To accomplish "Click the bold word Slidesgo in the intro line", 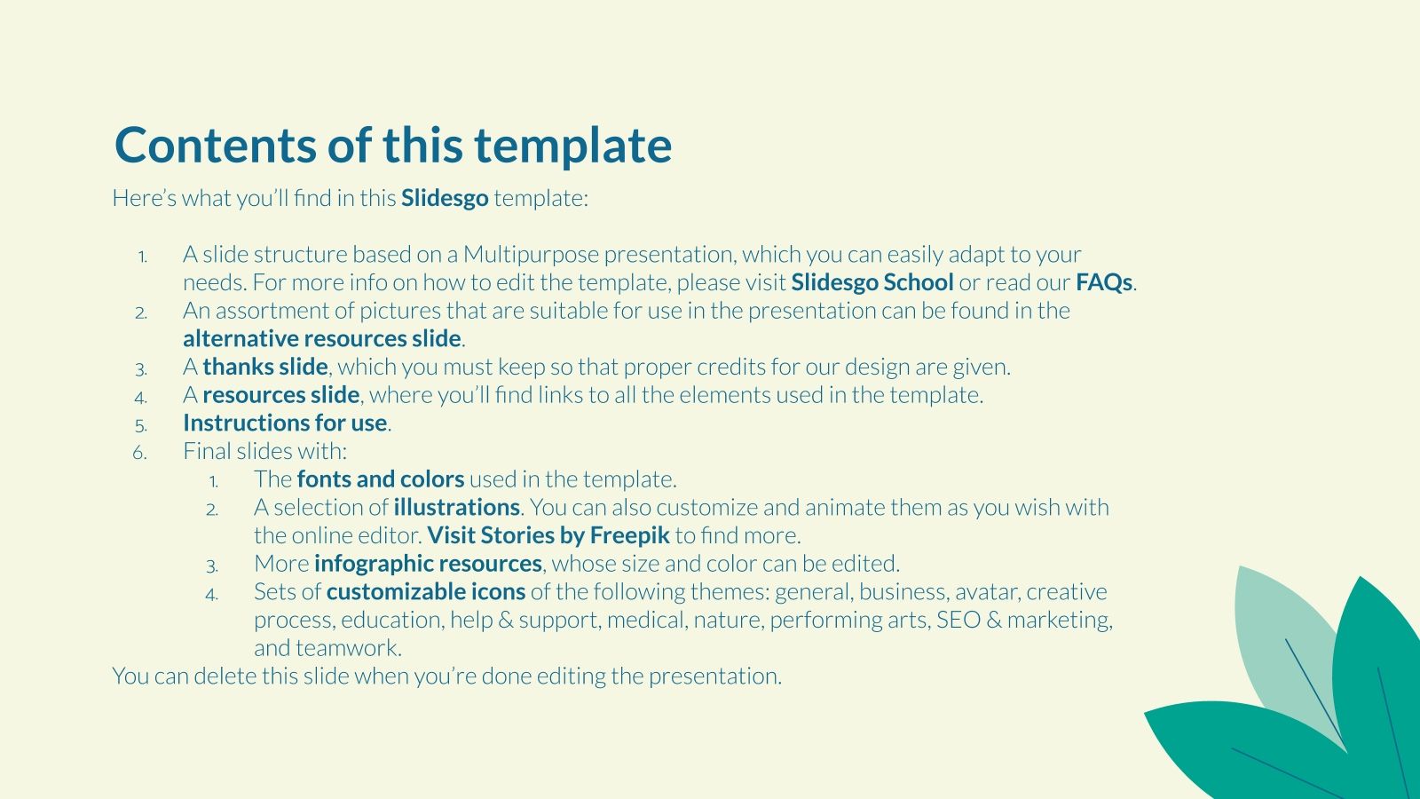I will coord(445,198).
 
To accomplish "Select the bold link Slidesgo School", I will coord(872,282).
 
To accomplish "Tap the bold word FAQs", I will coord(1104,282).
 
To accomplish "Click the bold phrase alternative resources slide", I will coord(322,339).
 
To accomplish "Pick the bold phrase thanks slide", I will coord(265,367).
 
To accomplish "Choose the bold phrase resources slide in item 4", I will coord(280,395).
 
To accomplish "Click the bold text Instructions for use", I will coord(285,423).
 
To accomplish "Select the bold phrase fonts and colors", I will coord(380,479).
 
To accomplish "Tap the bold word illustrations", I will coord(456,508).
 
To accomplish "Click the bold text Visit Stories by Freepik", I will coord(548,535).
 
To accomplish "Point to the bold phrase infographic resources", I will coord(428,564).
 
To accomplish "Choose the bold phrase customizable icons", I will coord(425,592).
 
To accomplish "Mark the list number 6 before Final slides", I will coord(139,453).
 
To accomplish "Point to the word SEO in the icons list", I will coord(958,620).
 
